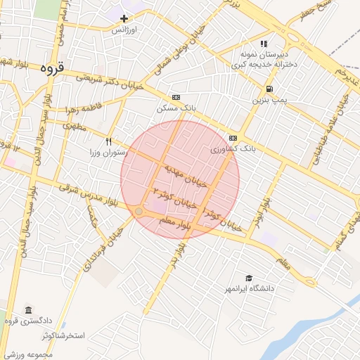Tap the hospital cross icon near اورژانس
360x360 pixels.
[124, 18]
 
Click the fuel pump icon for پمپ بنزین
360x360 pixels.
[269, 89]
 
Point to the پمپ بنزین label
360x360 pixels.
[269, 101]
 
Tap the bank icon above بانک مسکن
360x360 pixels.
[175, 98]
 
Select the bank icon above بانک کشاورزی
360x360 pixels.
[233, 138]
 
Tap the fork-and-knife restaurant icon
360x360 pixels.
[108, 141]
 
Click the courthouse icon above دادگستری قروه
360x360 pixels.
[28, 310]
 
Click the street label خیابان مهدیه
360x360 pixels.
[186, 176]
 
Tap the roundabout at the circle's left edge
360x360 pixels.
[139, 211]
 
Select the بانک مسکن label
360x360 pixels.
[175, 110]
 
